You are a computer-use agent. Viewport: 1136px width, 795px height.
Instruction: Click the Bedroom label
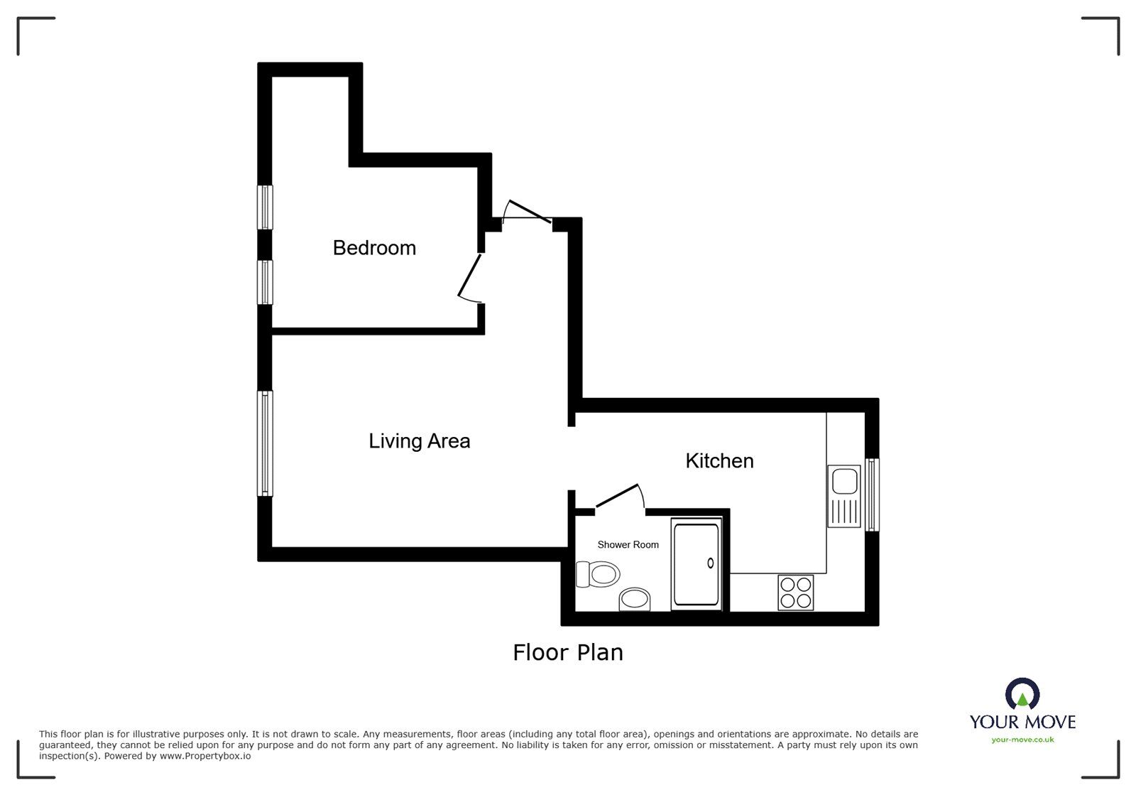tap(374, 248)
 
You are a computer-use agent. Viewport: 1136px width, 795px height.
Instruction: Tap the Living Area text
tap(419, 441)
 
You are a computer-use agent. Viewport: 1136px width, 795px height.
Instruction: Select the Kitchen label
tap(719, 461)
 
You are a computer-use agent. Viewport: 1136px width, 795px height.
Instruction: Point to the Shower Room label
tap(628, 545)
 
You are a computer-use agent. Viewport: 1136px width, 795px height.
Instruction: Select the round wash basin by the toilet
tap(635, 600)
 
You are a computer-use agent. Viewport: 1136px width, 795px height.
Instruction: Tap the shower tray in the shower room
tap(696, 566)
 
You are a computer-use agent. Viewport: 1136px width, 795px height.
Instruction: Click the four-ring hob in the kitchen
tap(795, 593)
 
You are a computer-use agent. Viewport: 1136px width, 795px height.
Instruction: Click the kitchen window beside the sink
tap(873, 494)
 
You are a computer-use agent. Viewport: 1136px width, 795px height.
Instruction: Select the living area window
tap(265, 443)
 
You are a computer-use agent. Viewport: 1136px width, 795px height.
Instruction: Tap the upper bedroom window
tap(265, 207)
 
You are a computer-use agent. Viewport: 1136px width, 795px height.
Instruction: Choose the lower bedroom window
tap(265, 282)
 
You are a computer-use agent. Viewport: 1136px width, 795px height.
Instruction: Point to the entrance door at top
tap(527, 212)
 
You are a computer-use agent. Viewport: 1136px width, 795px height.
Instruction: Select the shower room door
tap(618, 495)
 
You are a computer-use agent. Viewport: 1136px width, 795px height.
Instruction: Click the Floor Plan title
tap(567, 652)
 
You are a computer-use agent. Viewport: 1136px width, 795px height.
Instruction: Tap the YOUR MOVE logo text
tap(1022, 723)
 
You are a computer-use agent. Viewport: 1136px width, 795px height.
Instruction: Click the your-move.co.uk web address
tap(1022, 740)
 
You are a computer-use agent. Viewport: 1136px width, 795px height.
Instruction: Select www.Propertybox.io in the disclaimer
tap(206, 757)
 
